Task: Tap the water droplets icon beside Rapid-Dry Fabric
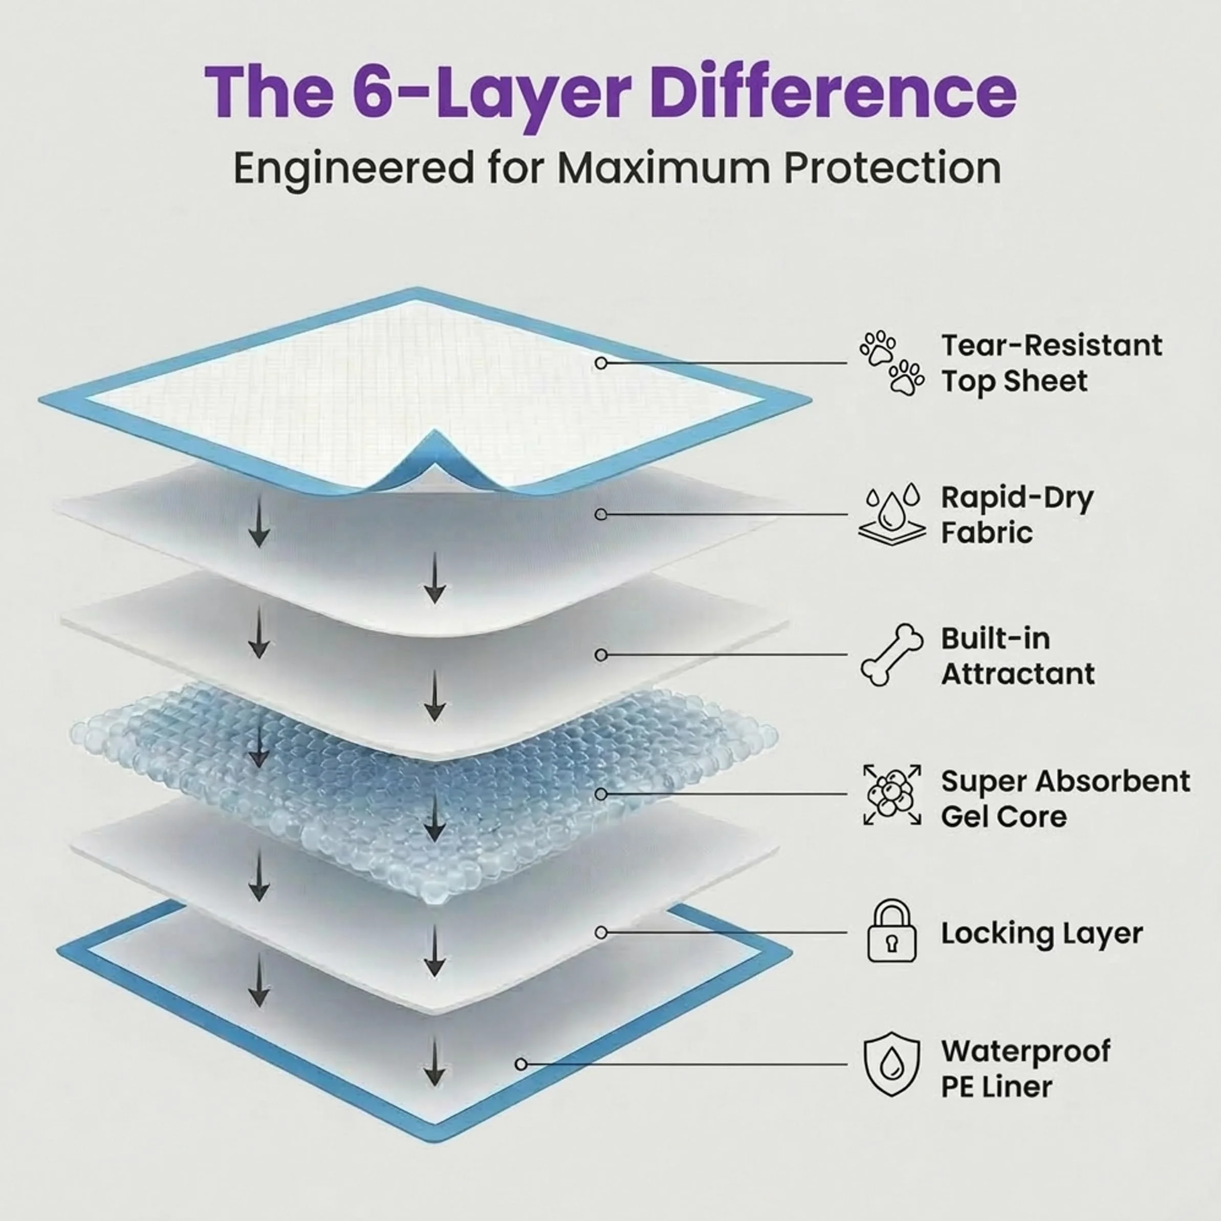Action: [x=891, y=514]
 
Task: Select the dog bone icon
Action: [x=891, y=655]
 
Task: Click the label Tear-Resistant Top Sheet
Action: [x=1051, y=363]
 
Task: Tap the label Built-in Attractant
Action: [x=1017, y=656]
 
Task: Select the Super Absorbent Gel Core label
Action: [x=1065, y=799]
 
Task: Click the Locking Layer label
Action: [x=1041, y=933]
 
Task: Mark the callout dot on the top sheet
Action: [x=601, y=363]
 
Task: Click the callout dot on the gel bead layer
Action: [x=601, y=794]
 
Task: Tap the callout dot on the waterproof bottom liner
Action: [x=521, y=1064]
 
